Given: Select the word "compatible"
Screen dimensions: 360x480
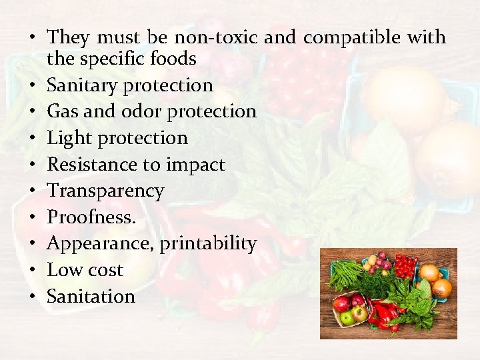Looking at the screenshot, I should tap(351, 37).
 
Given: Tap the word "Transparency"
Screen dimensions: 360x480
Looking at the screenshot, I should tap(105, 191).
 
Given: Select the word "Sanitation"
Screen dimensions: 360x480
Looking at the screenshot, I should tap(91, 296).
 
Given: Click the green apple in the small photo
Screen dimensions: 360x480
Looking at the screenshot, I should tap(347, 317).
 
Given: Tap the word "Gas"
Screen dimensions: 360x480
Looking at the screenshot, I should tap(63, 111).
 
